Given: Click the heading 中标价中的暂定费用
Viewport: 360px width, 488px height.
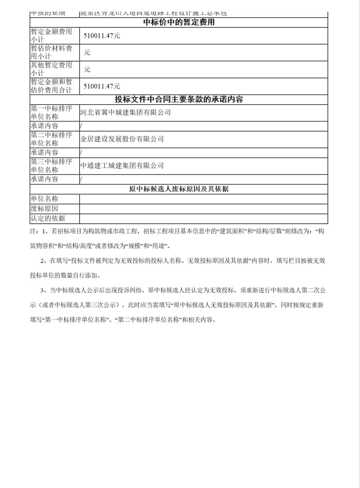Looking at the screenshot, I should click(x=179, y=23).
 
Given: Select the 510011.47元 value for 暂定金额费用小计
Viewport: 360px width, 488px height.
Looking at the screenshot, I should click(x=102, y=35).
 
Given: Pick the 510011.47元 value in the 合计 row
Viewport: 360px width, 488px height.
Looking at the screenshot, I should click(x=102, y=86).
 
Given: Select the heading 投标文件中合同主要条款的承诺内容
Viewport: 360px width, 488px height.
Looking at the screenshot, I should click(x=179, y=100).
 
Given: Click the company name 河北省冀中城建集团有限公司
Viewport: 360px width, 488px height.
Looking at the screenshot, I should click(x=125, y=113).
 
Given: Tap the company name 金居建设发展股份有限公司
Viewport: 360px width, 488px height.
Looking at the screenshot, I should click(x=122, y=139).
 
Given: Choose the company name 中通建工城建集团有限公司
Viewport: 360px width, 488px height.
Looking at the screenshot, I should click(x=122, y=166).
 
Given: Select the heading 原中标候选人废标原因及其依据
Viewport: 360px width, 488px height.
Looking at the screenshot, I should click(x=179, y=189).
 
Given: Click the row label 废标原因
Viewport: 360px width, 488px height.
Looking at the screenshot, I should click(x=44, y=209).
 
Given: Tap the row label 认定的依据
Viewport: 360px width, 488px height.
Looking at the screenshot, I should click(x=48, y=218).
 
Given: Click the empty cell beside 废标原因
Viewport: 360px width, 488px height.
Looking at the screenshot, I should click(x=203, y=209).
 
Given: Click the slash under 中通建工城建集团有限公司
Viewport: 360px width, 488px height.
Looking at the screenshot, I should click(x=82, y=179).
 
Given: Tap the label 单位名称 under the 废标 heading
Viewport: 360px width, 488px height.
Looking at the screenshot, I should click(x=44, y=199).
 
